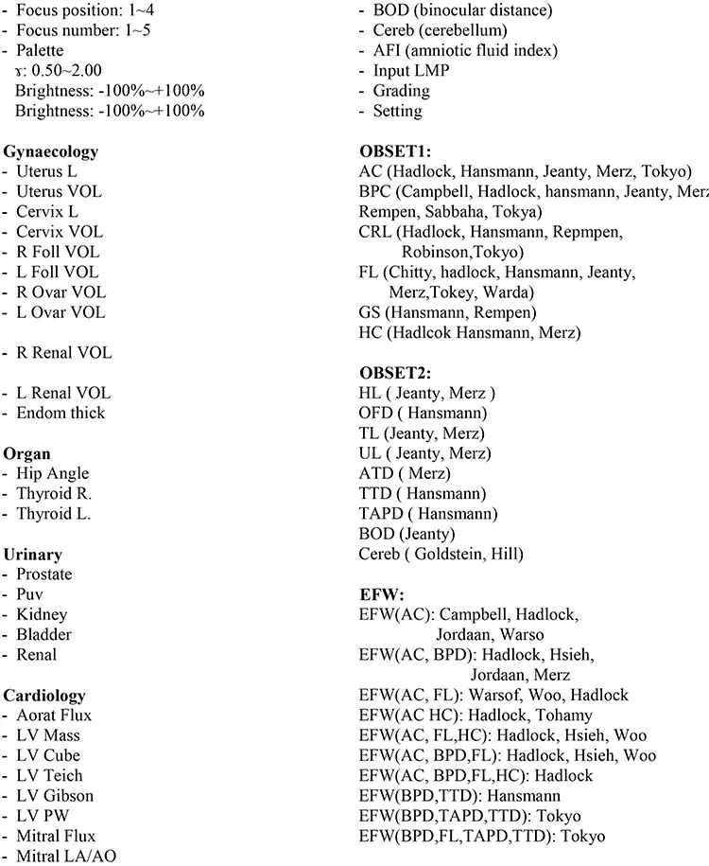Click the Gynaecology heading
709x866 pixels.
51,151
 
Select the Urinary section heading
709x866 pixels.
32,554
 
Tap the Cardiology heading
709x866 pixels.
44,695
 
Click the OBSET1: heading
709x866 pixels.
395,151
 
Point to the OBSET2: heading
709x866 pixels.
395,373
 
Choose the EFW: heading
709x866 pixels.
382,594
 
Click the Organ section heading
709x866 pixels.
26,453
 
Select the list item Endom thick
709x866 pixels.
61,413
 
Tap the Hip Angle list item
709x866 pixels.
52,473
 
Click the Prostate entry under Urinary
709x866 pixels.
43,574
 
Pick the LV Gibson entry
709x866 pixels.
55,795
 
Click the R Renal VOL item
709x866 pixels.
63,352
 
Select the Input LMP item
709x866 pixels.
411,71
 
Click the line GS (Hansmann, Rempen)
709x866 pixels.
447,312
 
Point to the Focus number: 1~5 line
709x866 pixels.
77,30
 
